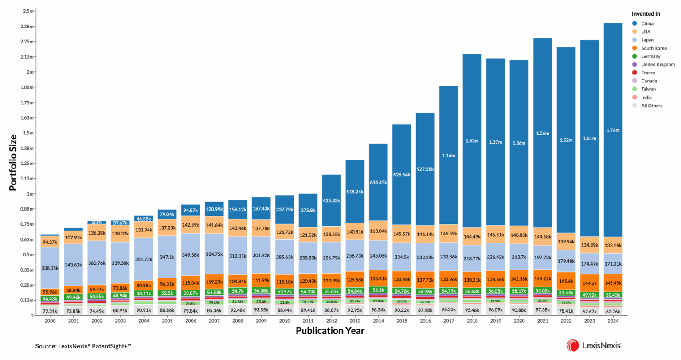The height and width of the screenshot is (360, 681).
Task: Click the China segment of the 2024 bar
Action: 613,130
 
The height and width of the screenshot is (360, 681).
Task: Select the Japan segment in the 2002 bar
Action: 97,263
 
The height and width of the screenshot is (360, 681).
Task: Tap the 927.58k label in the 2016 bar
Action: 425,169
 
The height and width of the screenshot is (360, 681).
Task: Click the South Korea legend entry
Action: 654,48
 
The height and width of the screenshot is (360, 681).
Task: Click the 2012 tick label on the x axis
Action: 331,321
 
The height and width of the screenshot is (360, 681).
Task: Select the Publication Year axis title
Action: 330,331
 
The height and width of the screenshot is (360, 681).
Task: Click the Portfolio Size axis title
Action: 13,163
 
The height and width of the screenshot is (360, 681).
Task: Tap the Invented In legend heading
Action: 646,14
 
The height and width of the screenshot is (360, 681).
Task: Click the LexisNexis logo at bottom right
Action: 594,345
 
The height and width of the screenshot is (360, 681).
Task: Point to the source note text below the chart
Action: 83,346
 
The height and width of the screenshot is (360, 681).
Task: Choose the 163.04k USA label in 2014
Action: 378,231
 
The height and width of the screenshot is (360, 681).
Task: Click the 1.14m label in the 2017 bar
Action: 448,156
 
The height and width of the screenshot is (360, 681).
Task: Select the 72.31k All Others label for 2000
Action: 50,311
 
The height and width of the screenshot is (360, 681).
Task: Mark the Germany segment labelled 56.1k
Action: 378,290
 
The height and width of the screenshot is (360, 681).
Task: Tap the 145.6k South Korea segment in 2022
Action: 566,281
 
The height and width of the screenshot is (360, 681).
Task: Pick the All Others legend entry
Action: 651,106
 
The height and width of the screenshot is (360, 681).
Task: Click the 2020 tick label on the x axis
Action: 519,321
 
